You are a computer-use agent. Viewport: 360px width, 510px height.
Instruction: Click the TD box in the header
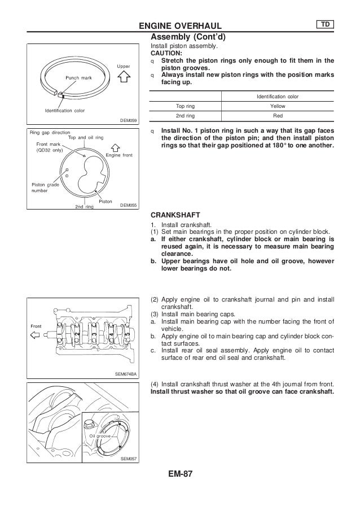[x=324, y=24]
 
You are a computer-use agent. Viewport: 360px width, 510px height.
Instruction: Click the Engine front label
[x=119, y=154]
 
